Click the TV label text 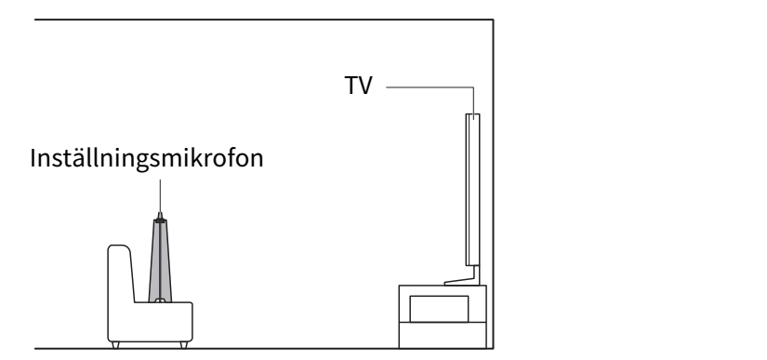(x=359, y=86)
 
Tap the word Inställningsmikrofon (x=147, y=158)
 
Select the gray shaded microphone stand (x=160, y=260)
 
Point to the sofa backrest (x=120, y=273)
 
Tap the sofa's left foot (x=115, y=345)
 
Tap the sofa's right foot (x=184, y=345)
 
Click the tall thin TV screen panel (x=472, y=190)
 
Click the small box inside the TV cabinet (x=439, y=309)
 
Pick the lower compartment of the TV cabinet (x=443, y=335)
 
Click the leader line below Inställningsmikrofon (x=160, y=195)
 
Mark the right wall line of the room (x=493, y=184)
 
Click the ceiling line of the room (x=264, y=20)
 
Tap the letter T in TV (x=351, y=86)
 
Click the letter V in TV (x=365, y=86)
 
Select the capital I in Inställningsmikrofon (x=33, y=158)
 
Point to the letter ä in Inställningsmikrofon (x=74, y=159)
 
